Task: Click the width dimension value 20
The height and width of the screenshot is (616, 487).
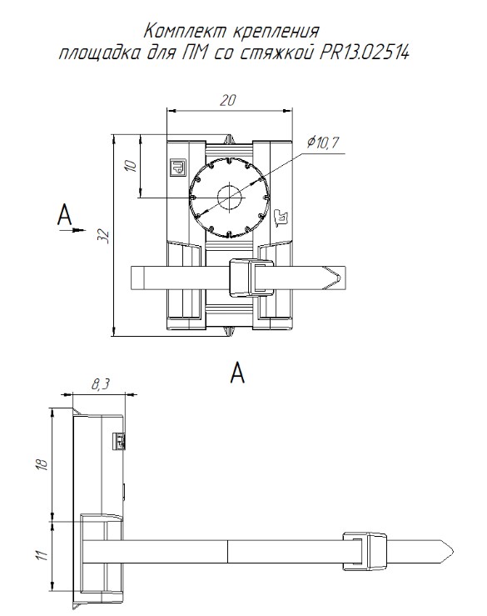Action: coord(227,101)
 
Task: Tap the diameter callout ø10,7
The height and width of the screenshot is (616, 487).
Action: coord(322,142)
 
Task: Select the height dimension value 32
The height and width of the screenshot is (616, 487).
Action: coord(104,236)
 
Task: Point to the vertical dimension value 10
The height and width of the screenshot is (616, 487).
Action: coord(132,165)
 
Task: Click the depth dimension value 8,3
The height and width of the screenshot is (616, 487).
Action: coord(100,385)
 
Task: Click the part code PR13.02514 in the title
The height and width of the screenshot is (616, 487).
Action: coord(365,53)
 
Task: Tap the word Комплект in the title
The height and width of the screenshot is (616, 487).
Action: coord(183,31)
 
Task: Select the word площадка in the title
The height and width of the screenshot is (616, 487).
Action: coord(98,53)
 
